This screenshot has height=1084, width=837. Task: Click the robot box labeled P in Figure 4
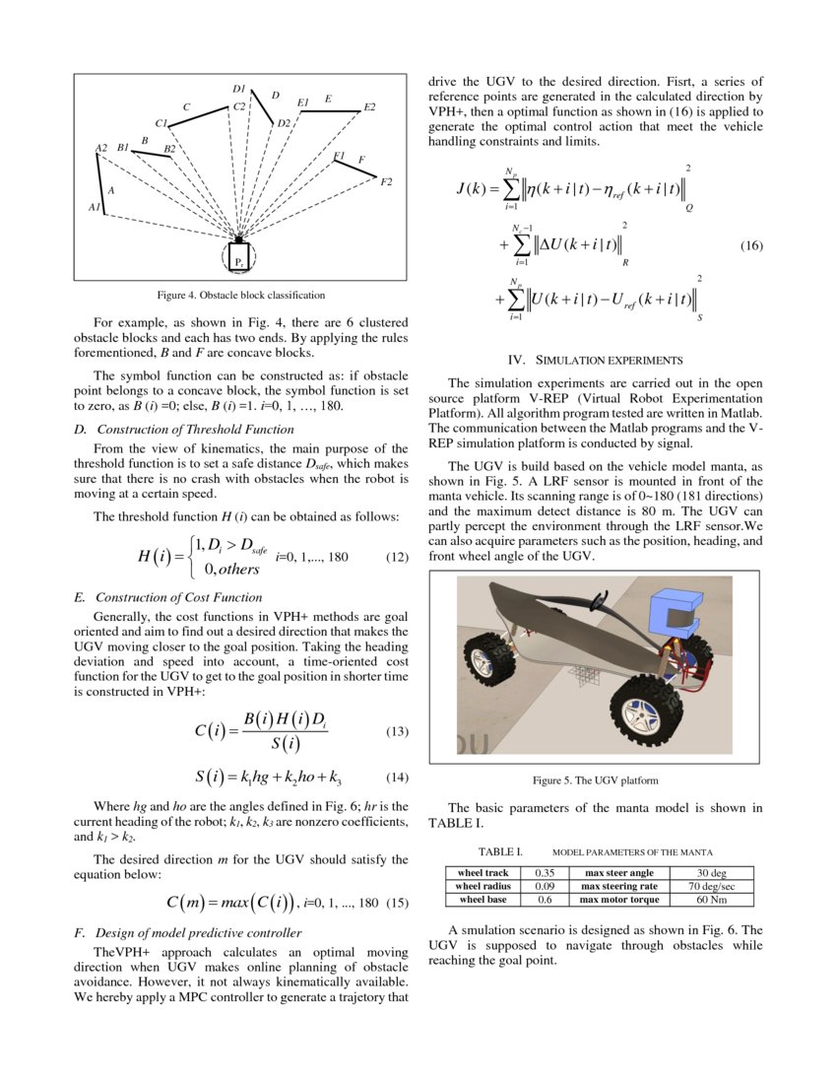[x=238, y=257]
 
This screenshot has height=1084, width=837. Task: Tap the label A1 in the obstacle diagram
[x=95, y=208]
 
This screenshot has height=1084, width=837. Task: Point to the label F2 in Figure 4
[x=385, y=182]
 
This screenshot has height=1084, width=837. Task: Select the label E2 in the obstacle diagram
[x=369, y=106]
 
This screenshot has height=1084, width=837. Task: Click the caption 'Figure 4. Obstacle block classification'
[x=241, y=295]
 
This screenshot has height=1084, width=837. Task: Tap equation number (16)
[x=751, y=246]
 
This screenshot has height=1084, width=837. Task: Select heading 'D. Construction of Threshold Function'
[x=184, y=429]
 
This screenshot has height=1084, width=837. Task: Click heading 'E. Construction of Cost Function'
[x=168, y=597]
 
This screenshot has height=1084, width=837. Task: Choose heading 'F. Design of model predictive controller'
[x=188, y=932]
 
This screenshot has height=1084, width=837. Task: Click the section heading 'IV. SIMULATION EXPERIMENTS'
[x=594, y=361]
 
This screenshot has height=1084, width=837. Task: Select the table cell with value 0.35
[x=545, y=873]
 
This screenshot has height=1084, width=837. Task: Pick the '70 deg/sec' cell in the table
[x=711, y=886]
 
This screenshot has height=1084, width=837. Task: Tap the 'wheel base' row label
[x=483, y=900]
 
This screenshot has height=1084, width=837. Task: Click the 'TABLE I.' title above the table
[x=500, y=851]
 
